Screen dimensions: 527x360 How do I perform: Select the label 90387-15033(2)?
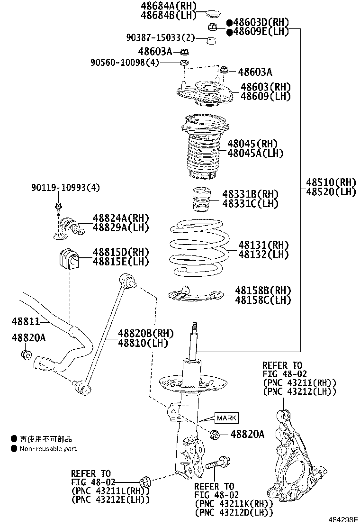160,37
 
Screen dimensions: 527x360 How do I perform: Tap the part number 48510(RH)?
330,182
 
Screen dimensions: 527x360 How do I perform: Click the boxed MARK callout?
226,418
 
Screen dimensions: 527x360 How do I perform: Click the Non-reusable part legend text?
48,448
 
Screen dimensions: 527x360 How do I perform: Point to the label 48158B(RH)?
263,290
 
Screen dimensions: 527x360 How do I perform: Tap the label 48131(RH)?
263,245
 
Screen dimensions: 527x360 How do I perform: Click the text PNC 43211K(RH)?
233,504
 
